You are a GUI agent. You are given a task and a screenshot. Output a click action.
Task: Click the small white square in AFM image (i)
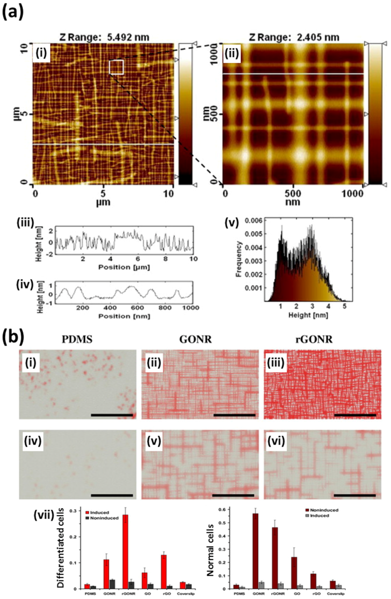pos(116,67)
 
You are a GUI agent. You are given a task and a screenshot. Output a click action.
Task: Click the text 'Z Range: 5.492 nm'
pos(104,37)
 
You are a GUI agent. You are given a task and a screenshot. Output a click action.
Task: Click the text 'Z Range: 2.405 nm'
pos(294,37)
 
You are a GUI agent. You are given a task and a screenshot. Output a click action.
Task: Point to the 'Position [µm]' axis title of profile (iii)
pos(124,267)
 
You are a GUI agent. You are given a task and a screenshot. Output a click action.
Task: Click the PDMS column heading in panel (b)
pos(77,340)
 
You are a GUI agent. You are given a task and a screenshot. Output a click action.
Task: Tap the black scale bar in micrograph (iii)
pos(355,415)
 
